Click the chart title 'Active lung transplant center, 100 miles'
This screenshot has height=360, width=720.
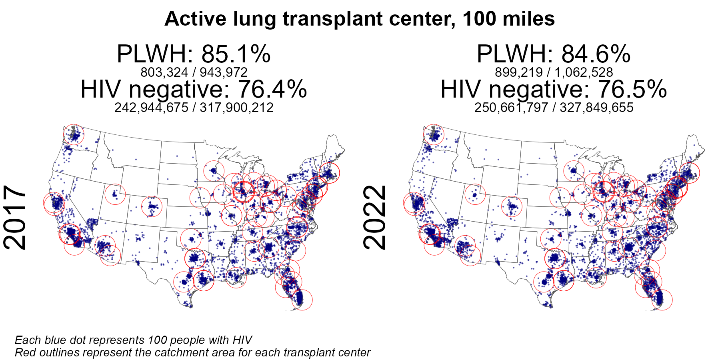pos(360,19)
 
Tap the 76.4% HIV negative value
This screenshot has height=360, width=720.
pos(272,89)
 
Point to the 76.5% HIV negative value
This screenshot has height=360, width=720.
pos(632,89)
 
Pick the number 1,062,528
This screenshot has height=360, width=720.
pos(584,72)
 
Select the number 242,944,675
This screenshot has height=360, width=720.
pos(151,108)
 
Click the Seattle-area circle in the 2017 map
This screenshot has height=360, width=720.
pos(74,134)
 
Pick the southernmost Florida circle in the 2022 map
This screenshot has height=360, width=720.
pos(662,300)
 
